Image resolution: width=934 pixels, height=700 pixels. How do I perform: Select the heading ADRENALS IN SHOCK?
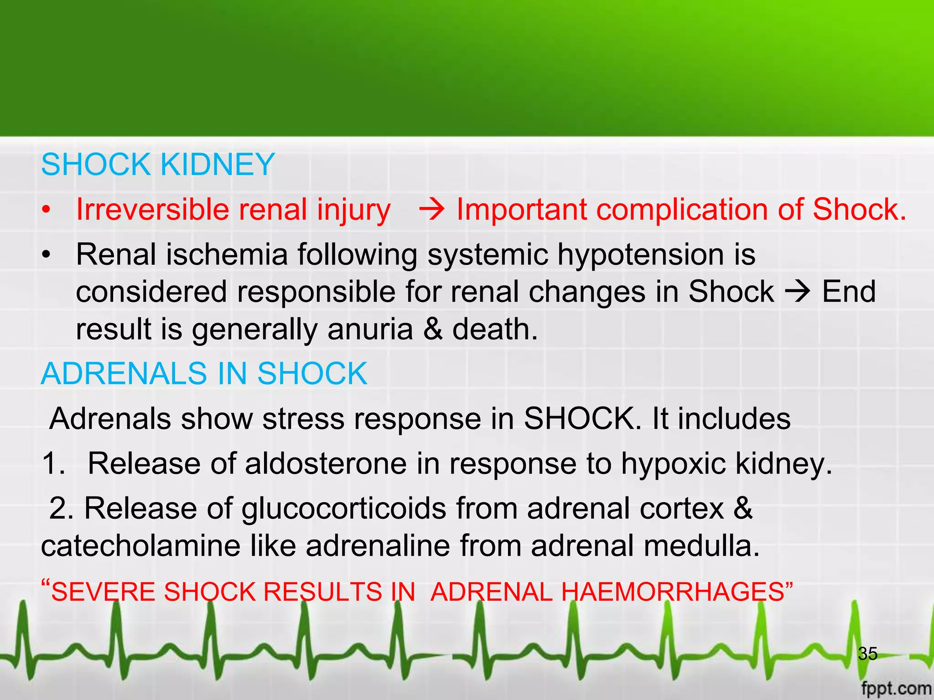tap(204, 374)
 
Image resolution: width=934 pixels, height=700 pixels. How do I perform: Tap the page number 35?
tap(867, 654)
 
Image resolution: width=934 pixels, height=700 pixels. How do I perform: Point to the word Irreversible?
tap(152, 210)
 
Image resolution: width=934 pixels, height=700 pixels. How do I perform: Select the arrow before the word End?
tap(798, 292)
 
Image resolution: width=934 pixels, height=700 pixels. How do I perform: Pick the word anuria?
tap(370, 329)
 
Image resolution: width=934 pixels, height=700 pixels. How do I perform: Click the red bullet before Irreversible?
tap(46, 211)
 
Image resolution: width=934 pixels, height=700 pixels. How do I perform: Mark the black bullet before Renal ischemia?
tap(46, 255)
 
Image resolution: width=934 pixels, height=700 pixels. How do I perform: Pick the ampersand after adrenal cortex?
tap(743, 509)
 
